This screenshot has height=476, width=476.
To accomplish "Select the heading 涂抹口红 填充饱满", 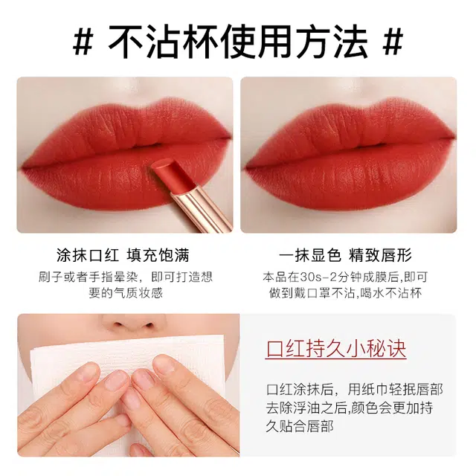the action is [123, 254].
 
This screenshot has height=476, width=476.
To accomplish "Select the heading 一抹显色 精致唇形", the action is [345, 254].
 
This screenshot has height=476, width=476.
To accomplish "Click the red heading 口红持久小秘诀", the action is [336, 349].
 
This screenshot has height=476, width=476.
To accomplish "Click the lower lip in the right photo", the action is [349, 179].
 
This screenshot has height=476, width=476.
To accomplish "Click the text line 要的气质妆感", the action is [126, 293].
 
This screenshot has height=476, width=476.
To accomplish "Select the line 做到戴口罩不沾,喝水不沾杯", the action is [345, 293].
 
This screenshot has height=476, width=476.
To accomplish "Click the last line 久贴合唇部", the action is [300, 426].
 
